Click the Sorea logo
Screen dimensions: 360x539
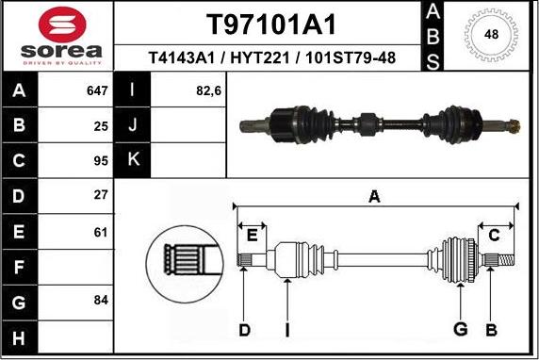tap(57, 36)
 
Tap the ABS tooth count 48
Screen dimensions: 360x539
tap(491, 35)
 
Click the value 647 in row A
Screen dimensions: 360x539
tap(96, 91)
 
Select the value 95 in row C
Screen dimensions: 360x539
tap(100, 160)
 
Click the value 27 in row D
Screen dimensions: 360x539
tap(100, 195)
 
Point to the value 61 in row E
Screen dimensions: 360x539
tap(100, 230)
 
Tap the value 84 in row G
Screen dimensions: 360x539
tap(100, 300)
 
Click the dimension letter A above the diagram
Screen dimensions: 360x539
tap(374, 196)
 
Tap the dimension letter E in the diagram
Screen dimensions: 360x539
tap(251, 234)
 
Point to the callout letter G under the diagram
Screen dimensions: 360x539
tap(460, 328)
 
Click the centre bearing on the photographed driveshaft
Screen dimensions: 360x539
tap(367, 121)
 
